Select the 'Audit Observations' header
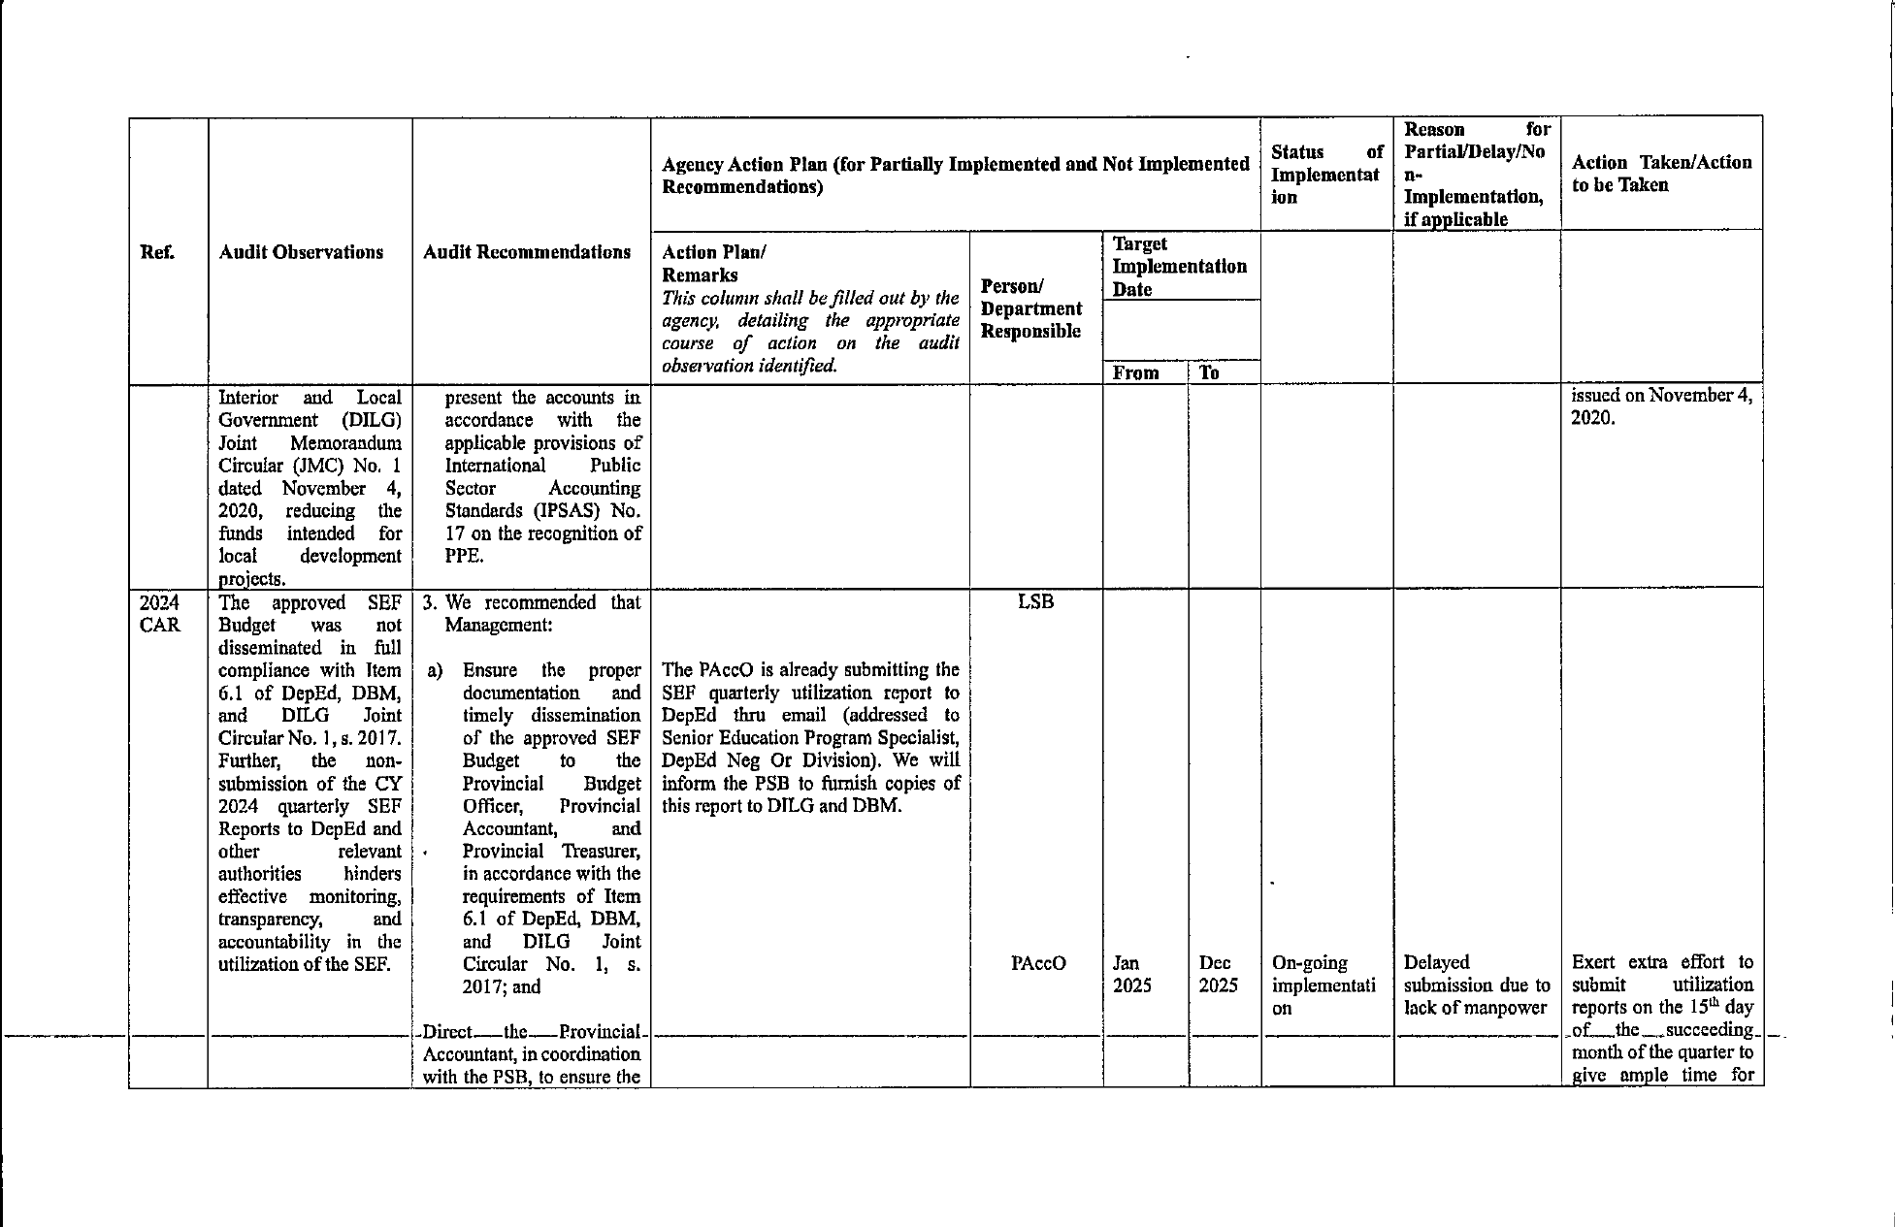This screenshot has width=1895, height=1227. (301, 252)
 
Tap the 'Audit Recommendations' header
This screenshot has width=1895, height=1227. (527, 252)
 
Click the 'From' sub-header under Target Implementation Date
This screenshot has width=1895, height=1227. (1135, 373)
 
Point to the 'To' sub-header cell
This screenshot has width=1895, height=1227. (1209, 373)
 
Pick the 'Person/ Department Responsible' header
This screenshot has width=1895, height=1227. (1030, 308)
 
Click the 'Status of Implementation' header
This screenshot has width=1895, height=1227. (1326, 175)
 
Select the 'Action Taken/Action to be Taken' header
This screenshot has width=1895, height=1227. (1661, 174)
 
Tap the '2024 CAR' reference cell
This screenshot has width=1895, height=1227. (160, 613)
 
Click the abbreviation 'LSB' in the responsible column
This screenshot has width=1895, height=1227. (1035, 601)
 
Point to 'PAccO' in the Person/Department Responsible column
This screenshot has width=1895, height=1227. (1038, 963)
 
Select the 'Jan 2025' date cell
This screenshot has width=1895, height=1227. (1131, 974)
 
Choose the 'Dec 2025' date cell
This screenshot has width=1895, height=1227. (1215, 974)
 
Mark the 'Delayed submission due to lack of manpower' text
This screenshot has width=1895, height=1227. (1476, 985)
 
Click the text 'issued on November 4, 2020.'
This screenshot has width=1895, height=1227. (1661, 407)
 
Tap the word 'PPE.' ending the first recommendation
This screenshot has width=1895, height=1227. (464, 557)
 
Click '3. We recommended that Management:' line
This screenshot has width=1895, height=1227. (532, 613)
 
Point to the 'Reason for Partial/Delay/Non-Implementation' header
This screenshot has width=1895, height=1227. (1476, 174)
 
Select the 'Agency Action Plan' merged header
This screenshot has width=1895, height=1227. (955, 175)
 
